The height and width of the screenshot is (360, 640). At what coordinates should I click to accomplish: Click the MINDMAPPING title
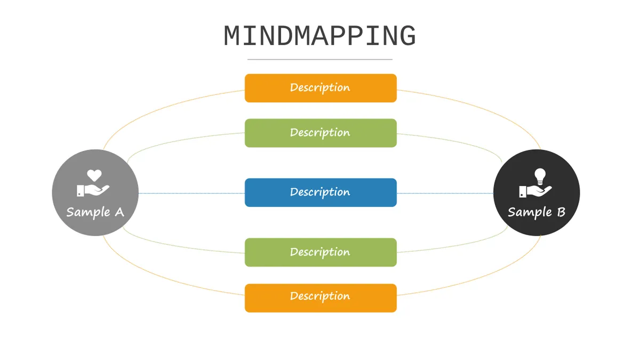click(x=319, y=36)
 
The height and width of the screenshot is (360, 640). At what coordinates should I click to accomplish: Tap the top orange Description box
click(x=321, y=88)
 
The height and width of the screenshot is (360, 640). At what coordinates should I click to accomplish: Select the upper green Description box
click(x=321, y=133)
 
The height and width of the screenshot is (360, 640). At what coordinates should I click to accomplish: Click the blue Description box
click(x=321, y=193)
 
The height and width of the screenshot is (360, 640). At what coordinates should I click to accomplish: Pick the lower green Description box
click(x=321, y=252)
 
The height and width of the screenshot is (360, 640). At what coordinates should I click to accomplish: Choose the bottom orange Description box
click(x=321, y=298)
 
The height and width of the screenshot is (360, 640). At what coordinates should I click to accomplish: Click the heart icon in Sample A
click(x=94, y=175)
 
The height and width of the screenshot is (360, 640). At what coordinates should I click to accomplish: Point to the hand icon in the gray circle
click(x=93, y=190)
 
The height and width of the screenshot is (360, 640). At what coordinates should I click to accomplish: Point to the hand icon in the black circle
click(x=535, y=191)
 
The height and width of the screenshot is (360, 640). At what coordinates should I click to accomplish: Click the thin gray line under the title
click(x=319, y=59)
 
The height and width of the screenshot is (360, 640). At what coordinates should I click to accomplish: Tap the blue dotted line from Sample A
click(x=191, y=194)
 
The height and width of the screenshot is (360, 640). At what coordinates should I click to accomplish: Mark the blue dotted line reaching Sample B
click(x=445, y=194)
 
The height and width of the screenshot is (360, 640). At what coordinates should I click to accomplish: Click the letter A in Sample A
click(x=119, y=212)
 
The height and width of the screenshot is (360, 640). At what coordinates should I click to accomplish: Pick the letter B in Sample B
click(x=561, y=212)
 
